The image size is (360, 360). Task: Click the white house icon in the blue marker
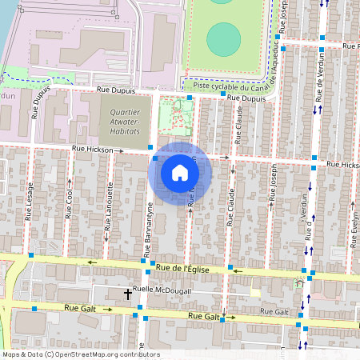click(179, 173)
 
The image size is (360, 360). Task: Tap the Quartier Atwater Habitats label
click(125, 122)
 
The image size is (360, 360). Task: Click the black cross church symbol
click(127, 294)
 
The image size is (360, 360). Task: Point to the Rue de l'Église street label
click(183, 270)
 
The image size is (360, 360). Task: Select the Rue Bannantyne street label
click(148, 230)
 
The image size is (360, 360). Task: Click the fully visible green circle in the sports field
click(223, 38)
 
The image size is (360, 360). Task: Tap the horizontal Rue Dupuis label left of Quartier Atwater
click(112, 93)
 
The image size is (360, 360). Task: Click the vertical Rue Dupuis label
click(37, 104)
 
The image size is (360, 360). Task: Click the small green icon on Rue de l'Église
click(299, 282)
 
